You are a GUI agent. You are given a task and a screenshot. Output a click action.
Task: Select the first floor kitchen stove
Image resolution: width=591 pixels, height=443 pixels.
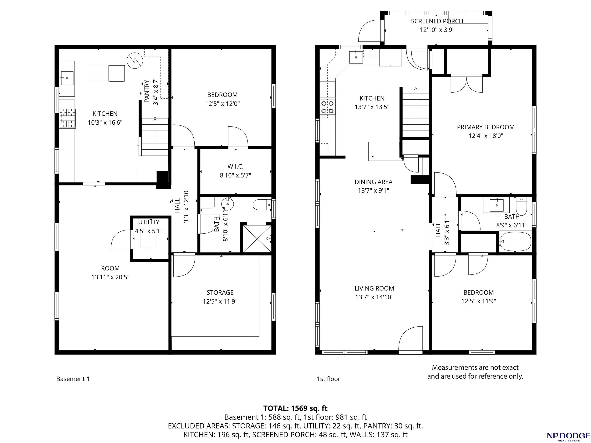328,107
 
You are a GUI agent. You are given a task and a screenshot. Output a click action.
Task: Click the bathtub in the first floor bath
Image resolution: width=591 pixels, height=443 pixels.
515,241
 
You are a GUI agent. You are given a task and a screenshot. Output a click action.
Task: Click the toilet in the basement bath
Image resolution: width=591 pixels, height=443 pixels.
262,205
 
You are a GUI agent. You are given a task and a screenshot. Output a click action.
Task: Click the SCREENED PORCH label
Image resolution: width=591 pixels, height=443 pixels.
437,21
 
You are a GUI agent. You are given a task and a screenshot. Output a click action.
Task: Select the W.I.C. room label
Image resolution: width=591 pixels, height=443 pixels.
235,167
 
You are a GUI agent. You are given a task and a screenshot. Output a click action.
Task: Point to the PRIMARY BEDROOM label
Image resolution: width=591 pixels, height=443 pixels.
486,127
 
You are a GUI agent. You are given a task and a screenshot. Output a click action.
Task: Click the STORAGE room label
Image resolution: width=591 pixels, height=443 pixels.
220,292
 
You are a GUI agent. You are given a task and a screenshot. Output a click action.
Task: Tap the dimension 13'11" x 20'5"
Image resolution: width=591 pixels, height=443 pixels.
110,277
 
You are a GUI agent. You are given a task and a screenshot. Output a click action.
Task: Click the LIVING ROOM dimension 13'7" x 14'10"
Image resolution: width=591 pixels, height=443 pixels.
374,297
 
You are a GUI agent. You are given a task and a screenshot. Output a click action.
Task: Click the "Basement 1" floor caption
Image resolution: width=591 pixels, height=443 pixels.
73,379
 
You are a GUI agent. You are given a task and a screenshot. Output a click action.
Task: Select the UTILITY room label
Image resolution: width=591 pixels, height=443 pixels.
149,222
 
